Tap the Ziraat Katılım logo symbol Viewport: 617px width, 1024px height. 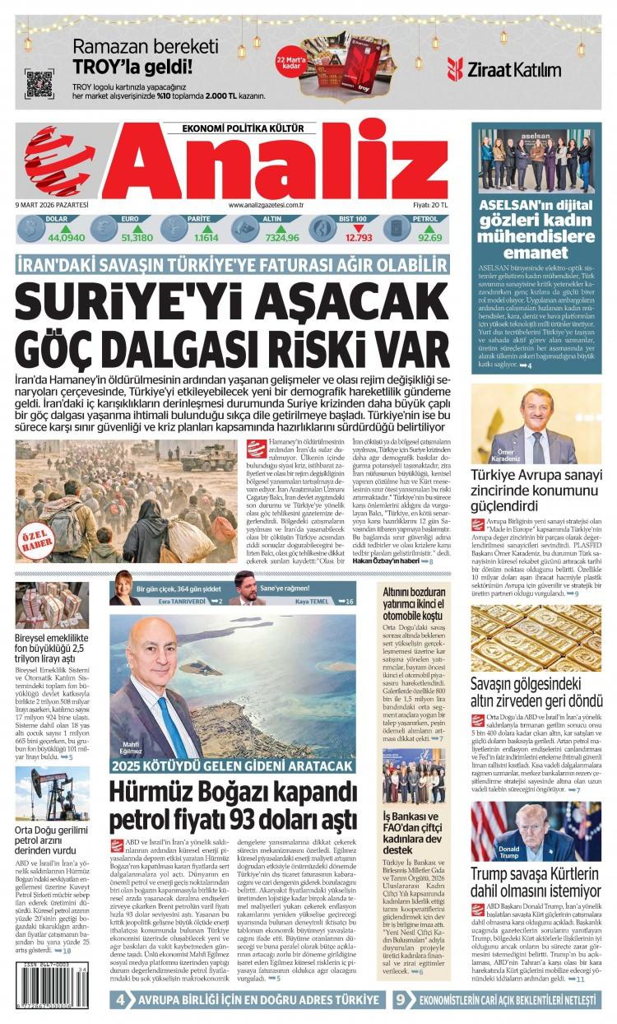click(x=455, y=68)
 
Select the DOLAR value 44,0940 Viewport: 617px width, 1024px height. click(x=67, y=238)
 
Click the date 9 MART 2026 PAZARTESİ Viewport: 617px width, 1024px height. click(x=52, y=205)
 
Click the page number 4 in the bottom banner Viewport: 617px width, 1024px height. click(x=120, y=999)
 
